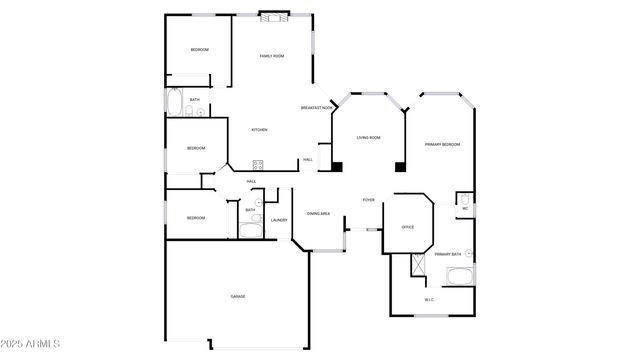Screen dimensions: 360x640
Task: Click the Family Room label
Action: click(x=271, y=56)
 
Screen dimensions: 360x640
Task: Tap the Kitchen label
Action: click(x=259, y=130)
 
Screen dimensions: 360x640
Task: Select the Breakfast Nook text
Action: click(x=317, y=107)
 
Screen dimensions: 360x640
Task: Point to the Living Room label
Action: click(x=369, y=137)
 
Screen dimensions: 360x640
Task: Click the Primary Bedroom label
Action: click(x=442, y=145)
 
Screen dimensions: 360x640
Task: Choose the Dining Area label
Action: click(x=319, y=214)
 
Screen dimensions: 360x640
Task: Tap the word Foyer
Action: click(x=368, y=200)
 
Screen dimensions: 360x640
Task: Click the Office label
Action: click(x=408, y=227)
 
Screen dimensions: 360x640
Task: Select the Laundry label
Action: click(x=279, y=220)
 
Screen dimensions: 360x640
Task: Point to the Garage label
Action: click(x=238, y=297)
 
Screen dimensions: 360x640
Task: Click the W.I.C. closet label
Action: click(x=429, y=300)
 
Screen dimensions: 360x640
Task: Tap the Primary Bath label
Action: click(x=447, y=254)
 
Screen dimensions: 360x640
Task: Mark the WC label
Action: click(x=465, y=209)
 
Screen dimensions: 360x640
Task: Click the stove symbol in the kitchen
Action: click(x=257, y=164)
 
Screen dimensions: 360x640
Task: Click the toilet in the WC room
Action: click(x=464, y=198)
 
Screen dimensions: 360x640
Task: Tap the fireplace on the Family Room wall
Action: click(x=272, y=15)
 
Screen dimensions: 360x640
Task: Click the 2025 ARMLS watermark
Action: click(x=31, y=345)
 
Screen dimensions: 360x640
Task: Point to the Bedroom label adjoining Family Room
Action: click(x=200, y=50)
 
